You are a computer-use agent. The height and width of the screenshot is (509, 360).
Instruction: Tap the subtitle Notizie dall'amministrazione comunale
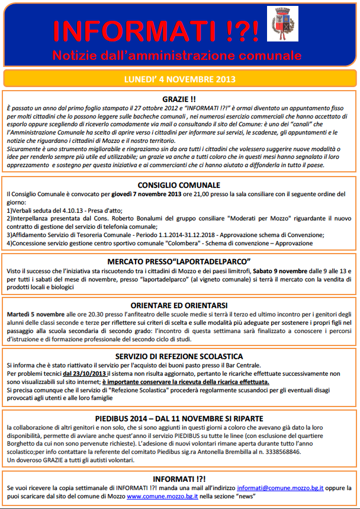[x=176, y=56]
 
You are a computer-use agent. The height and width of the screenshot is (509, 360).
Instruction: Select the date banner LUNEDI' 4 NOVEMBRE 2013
[x=179, y=79]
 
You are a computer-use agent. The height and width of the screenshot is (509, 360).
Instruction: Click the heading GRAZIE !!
[x=179, y=99]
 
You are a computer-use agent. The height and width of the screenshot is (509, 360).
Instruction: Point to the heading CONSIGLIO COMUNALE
[x=179, y=185]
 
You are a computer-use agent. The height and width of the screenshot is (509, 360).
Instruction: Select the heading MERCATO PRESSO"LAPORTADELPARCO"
[x=179, y=261]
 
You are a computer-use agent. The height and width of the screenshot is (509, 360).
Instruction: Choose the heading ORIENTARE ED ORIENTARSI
[x=179, y=303]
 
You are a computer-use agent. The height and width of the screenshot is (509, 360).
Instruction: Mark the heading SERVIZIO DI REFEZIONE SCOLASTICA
[x=179, y=356]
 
